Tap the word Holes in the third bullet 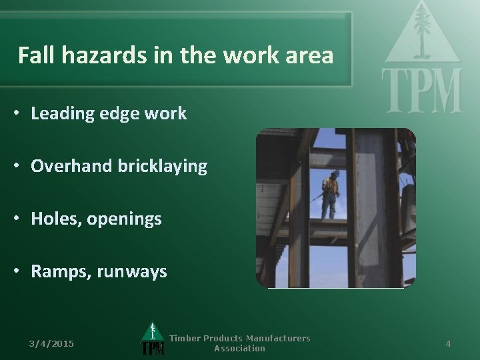(53, 218)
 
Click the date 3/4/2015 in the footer (51, 343)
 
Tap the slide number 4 (448, 343)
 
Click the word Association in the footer (239, 348)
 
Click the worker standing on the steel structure (329, 194)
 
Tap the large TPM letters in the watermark (421, 91)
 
